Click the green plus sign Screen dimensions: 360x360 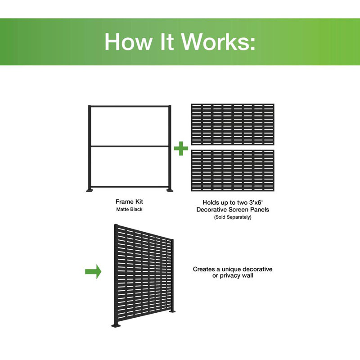pyautogui.click(x=181, y=149)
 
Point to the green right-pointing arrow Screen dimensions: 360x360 pyautogui.click(x=93, y=271)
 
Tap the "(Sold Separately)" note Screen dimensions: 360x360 pyautogui.click(x=233, y=217)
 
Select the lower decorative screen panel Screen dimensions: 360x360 pyautogui.click(x=233, y=169)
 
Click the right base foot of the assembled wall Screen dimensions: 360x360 pyautogui.click(x=172, y=311)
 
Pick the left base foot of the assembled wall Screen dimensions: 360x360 pyautogui.click(x=115, y=326)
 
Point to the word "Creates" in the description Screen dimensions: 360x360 pyautogui.click(x=203, y=269)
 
